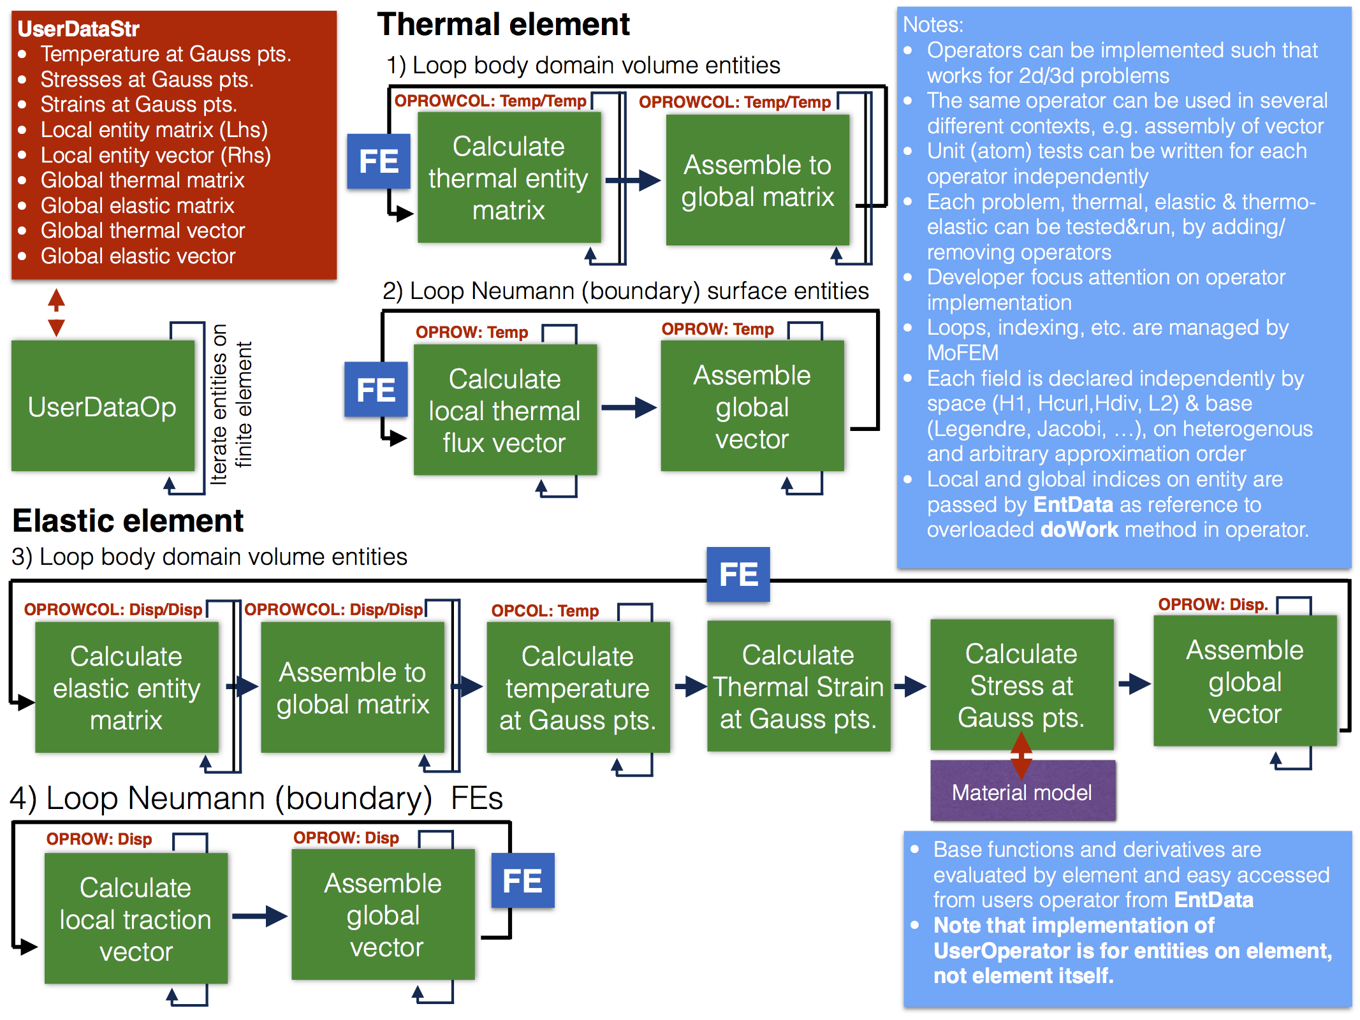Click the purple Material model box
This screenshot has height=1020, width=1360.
1022,792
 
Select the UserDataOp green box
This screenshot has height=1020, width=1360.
103,407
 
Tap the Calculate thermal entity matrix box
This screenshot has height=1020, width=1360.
509,178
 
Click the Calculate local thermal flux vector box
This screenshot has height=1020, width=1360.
504,411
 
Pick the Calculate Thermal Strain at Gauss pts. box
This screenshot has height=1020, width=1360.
798,687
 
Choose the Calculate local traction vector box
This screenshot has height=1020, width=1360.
136,919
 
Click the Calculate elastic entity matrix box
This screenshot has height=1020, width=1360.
126,688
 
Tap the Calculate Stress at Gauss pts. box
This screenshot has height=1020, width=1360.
1021,685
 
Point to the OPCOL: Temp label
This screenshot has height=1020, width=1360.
545,611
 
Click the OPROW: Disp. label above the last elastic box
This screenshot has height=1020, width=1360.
1213,604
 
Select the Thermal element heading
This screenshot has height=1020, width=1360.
503,25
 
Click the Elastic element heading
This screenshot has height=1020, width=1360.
128,521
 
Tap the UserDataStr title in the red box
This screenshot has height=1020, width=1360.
78,29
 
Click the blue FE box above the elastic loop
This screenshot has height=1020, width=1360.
738,574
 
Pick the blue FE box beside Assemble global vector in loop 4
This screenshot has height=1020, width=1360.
522,881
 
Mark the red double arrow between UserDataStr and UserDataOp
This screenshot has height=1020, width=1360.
56,312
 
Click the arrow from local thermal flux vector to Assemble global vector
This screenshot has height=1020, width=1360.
629,407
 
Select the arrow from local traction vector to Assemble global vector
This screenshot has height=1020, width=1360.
260,916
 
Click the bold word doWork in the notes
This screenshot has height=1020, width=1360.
1079,530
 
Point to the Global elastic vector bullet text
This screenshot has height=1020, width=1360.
138,256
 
